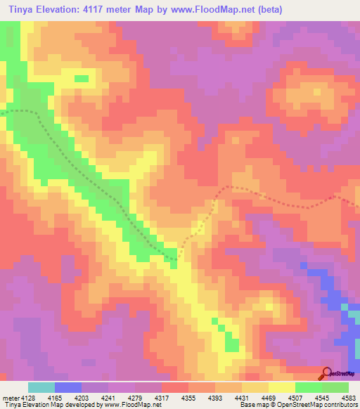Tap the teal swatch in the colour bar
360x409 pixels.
[x=41, y=387]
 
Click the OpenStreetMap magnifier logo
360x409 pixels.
[x=326, y=372]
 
